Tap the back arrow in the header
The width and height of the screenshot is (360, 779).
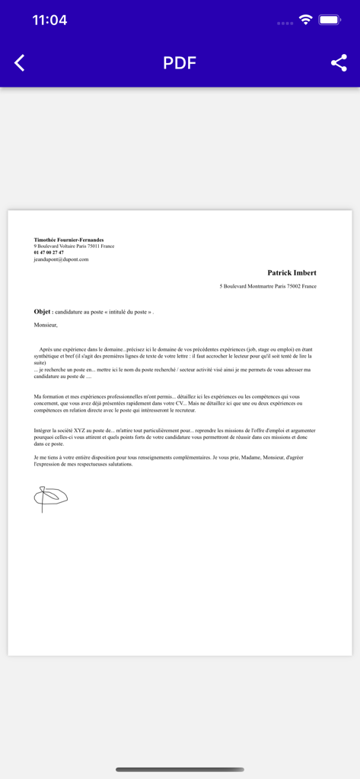20,63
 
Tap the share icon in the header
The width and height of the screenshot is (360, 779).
339,63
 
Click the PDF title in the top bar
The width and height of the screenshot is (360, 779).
180,63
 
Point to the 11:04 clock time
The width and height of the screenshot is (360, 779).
49,21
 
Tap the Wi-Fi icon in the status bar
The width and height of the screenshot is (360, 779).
306,21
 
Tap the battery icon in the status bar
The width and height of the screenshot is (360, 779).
330,21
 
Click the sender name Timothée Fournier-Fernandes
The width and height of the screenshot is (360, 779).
68,240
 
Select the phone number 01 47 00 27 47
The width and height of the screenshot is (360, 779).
49,253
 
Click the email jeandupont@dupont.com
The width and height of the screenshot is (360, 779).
61,259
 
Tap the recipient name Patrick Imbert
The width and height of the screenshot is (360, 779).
292,272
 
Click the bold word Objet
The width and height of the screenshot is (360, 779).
42,312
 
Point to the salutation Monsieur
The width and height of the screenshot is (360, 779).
46,325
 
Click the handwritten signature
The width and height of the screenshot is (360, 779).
50,498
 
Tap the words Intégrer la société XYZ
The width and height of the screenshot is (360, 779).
61,431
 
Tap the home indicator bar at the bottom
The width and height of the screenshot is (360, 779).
180,769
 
